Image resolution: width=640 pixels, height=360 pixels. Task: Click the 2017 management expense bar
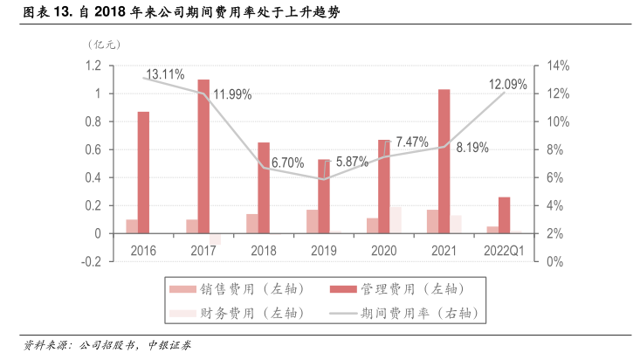(203, 156)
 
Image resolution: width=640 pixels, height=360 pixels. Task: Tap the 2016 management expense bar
(143, 172)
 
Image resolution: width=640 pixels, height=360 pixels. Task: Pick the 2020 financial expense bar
(396, 220)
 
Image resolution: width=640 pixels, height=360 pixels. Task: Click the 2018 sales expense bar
(251, 224)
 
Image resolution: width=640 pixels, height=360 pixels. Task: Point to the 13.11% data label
(165, 74)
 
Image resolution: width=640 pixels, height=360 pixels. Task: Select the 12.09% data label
(507, 85)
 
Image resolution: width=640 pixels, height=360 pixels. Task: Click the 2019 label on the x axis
(323, 251)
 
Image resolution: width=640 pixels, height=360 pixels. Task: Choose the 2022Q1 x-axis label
(504, 251)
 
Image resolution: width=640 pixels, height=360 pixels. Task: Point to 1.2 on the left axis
(93, 66)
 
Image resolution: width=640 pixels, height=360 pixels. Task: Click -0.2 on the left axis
(92, 262)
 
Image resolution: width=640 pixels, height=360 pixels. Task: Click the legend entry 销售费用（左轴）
(236, 288)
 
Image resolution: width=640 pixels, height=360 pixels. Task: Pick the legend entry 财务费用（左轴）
(236, 312)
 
